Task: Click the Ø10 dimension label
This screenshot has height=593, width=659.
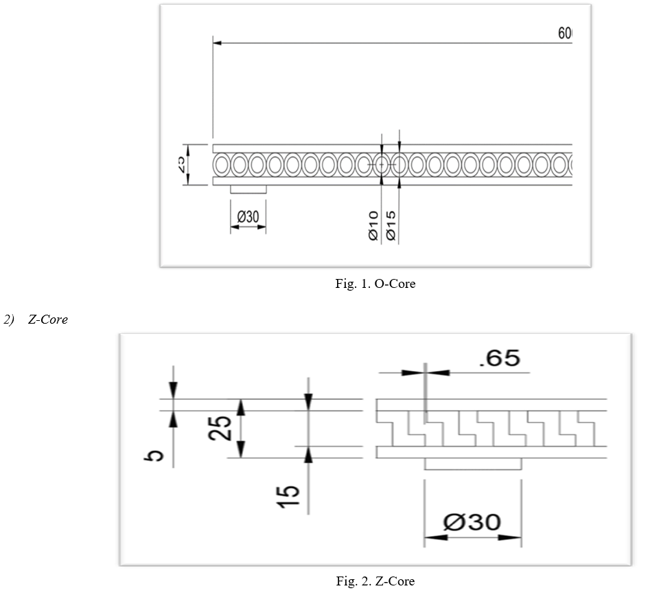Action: click(373, 225)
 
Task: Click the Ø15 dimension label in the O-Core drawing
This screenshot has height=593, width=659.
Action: click(391, 225)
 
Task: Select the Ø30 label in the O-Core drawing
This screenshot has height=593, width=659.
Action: click(248, 217)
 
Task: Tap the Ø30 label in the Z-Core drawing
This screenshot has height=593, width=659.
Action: click(472, 523)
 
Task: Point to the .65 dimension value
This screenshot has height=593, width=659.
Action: click(499, 358)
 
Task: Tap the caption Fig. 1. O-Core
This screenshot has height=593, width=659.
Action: click(375, 284)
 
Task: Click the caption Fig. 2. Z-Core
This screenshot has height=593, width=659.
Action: click(375, 581)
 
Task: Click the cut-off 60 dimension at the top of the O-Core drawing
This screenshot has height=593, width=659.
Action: click(564, 34)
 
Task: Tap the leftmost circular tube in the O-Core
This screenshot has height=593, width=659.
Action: click(222, 165)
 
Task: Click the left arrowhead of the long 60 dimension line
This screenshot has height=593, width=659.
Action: click(218, 43)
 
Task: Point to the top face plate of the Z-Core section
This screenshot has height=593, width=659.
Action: click(491, 405)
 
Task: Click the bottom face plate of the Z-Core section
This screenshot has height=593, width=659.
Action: click(491, 453)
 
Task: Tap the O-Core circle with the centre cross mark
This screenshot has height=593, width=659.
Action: click(382, 165)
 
